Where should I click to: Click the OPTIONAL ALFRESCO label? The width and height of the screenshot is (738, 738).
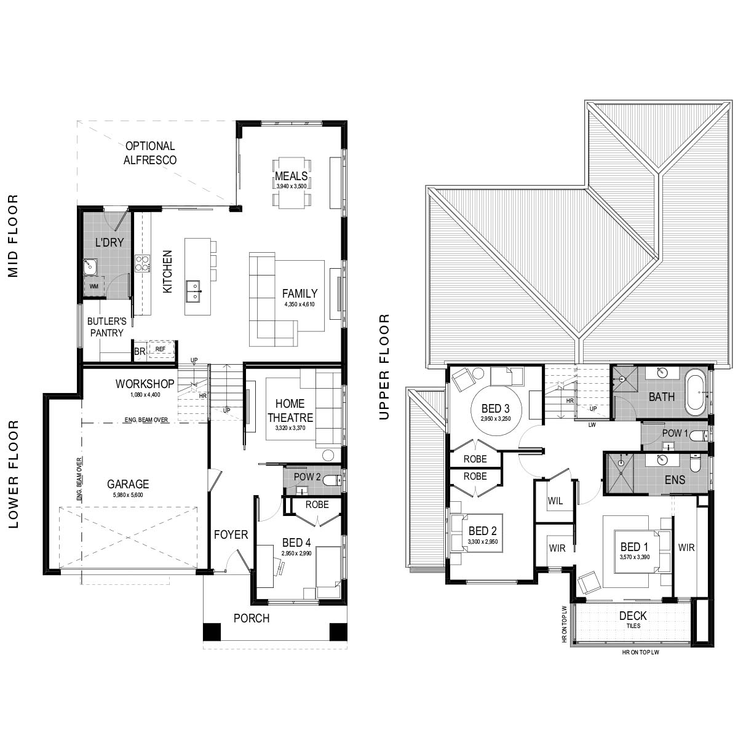point(150,153)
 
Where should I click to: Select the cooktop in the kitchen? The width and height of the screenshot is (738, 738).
point(142,263)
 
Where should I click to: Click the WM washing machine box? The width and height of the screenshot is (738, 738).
point(94,286)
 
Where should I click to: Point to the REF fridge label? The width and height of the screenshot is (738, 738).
point(161,349)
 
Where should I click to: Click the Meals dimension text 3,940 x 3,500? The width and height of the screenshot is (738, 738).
point(292,186)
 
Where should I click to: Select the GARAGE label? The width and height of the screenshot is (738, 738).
point(128,484)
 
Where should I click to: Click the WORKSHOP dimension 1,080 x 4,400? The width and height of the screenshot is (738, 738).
point(145,394)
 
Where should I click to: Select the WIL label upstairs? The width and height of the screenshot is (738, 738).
point(555,501)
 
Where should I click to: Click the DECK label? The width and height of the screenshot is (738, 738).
point(633,616)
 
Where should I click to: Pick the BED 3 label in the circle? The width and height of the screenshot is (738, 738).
point(496,408)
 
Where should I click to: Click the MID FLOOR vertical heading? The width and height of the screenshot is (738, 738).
point(13,236)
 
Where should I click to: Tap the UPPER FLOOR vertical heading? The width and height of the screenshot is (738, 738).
point(384,367)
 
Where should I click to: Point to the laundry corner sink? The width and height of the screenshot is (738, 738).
point(90,267)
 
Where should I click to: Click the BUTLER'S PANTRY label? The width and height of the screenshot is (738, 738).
point(107,327)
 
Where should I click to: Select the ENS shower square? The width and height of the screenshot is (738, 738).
point(618,473)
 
